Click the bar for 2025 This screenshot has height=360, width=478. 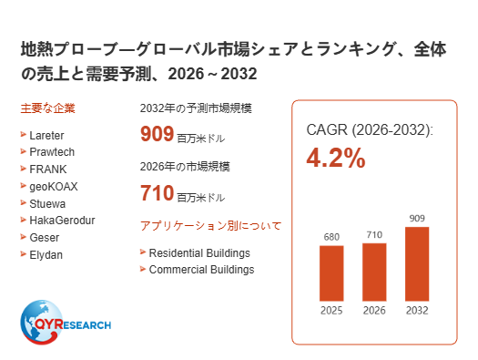tap(331, 273)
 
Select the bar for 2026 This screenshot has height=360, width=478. tap(374, 273)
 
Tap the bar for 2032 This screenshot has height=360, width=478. tap(417, 264)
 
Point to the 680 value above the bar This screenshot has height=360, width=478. tap(331, 237)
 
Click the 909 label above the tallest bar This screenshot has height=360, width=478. tap(417, 219)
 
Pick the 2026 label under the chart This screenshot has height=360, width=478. tap(374, 311)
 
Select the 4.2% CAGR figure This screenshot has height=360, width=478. tap(336, 158)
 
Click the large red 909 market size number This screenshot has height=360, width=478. tap(157, 134)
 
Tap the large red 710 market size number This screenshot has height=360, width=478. tap(157, 193)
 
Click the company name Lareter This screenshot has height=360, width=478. tap(46, 136)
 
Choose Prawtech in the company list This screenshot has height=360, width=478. tap(52, 152)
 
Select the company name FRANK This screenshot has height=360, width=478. tap(48, 170)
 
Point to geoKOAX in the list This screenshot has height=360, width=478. tap(54, 187)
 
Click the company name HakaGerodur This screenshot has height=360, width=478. tap(62, 221)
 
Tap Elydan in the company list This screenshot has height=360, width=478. tap(46, 255)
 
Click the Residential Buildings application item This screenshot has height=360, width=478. tap(199, 253)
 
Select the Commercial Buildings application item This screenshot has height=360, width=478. tap(201, 270)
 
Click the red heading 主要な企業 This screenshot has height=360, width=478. tap(48, 108)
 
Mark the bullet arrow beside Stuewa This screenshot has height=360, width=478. tap(23, 203)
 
